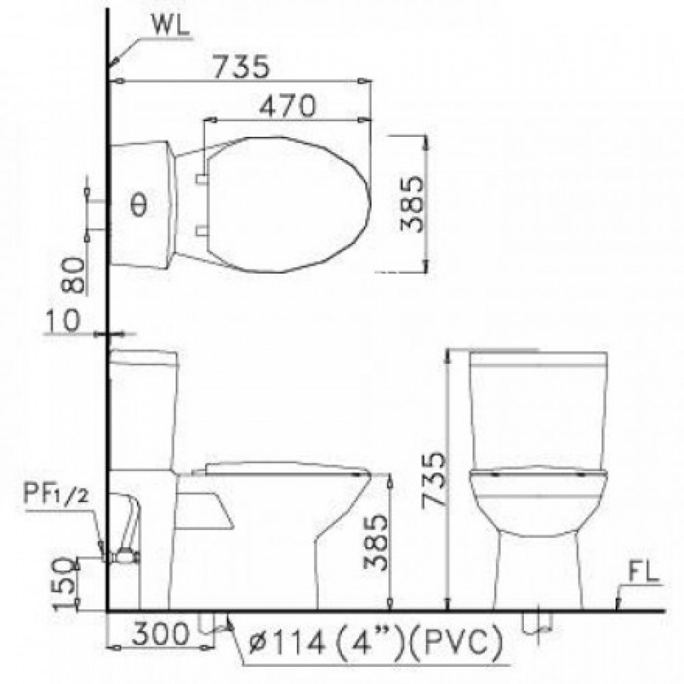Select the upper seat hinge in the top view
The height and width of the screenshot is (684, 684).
click(200, 179)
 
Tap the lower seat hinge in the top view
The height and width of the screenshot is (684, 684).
click(200, 230)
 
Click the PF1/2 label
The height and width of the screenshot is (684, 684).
click(55, 495)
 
